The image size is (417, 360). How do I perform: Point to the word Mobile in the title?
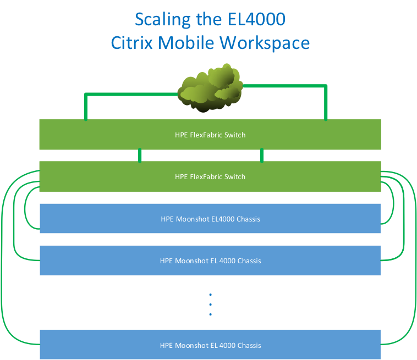click(x=189, y=43)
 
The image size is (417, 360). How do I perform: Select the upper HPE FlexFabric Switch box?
click(x=210, y=135)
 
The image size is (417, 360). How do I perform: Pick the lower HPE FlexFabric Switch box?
click(x=210, y=176)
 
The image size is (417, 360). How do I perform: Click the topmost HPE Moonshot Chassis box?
click(x=210, y=219)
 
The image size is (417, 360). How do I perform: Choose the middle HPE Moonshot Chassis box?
click(x=210, y=261)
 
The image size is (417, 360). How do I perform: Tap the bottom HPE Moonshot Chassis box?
click(x=210, y=345)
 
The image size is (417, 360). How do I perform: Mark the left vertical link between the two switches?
click(x=140, y=156)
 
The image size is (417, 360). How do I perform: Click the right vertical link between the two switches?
click(x=261, y=156)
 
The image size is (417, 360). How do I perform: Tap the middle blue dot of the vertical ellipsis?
click(x=210, y=304)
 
